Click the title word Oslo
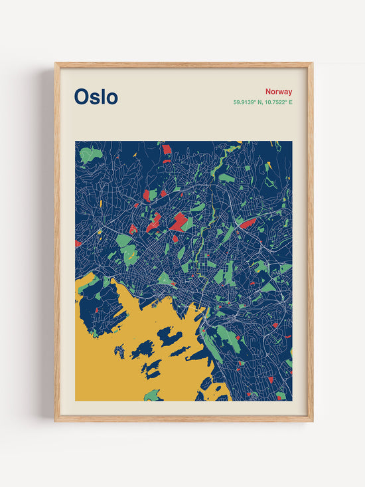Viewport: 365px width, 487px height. (x=96, y=97)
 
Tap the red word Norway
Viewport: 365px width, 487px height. (x=279, y=92)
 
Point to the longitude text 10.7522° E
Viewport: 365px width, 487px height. (x=278, y=102)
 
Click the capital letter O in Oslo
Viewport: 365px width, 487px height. (x=82, y=97)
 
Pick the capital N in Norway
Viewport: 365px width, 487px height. (x=268, y=92)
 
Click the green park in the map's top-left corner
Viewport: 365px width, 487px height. (x=90, y=155)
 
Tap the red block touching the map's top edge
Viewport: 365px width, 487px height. (x=167, y=149)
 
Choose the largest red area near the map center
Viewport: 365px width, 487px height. (x=178, y=221)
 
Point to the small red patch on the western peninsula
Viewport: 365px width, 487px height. (x=96, y=310)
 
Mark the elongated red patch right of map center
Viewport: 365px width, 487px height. (x=248, y=223)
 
